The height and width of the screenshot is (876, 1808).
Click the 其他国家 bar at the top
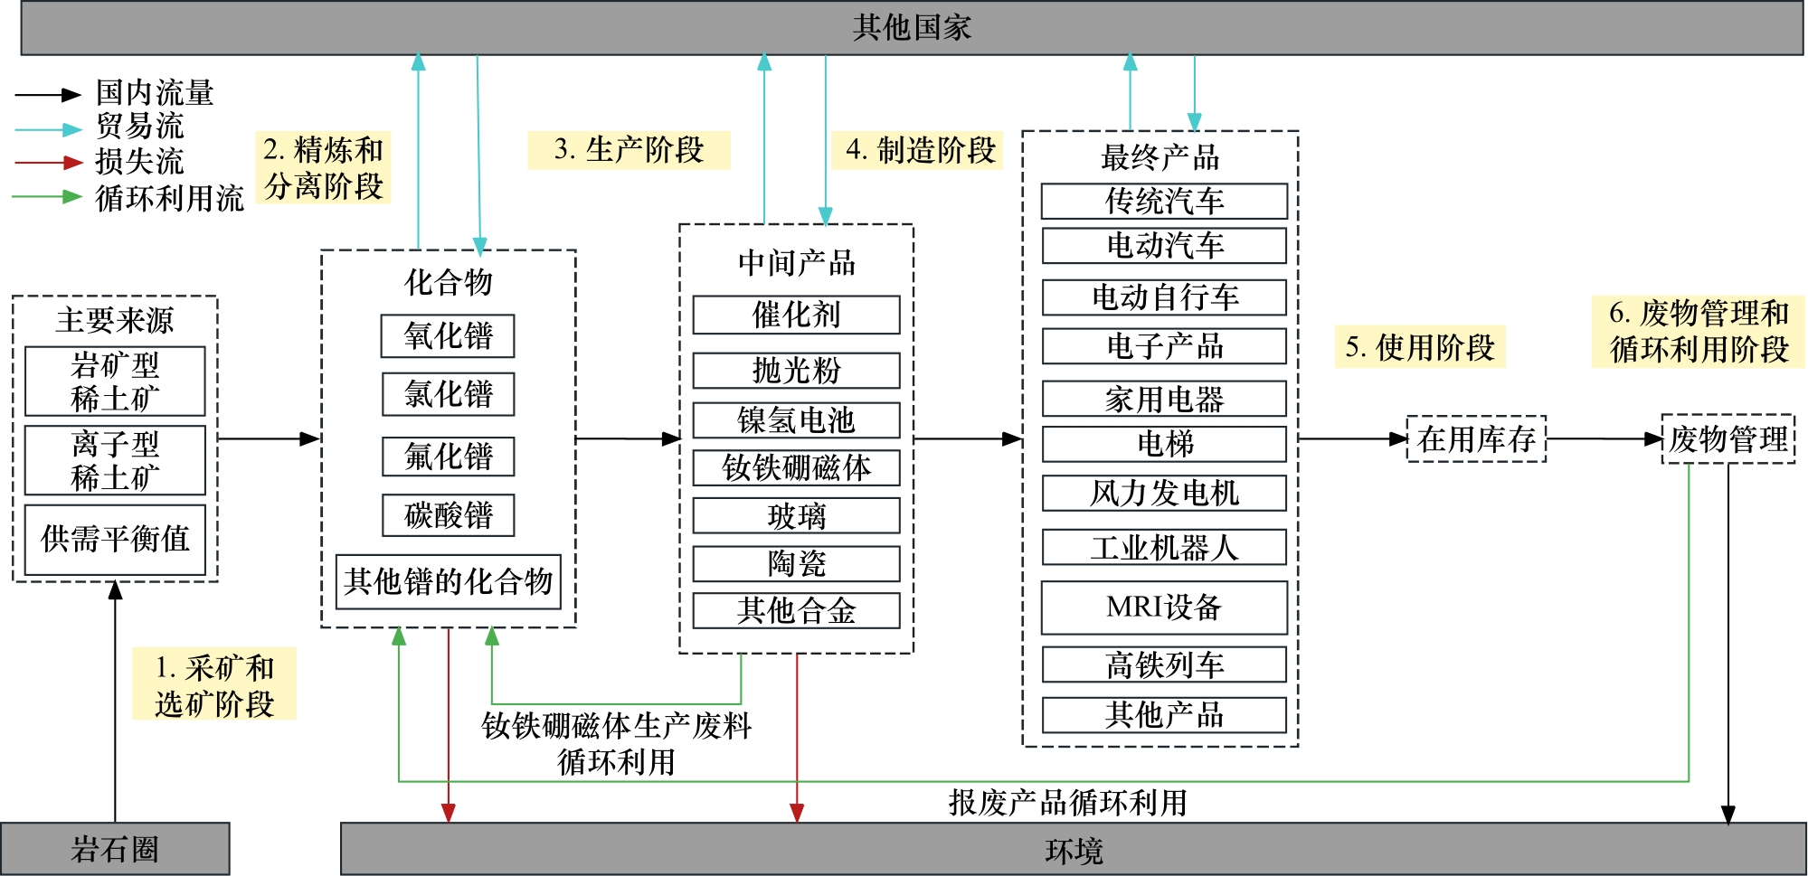coord(912,28)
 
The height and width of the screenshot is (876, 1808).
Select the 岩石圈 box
coord(115,849)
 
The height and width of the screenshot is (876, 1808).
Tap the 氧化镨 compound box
coord(448,336)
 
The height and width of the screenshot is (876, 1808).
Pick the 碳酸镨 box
coord(448,515)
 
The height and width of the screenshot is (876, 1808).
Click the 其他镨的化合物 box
coord(448,581)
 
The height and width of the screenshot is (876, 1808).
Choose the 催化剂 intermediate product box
coord(796,315)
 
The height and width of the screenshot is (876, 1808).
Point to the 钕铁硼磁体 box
coord(796,467)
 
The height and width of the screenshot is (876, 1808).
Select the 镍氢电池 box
coord(796,420)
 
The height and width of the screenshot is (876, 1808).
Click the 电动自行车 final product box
coord(1164,297)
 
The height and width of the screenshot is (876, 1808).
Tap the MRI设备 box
coord(1164,607)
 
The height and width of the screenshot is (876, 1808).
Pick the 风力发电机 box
coord(1164,493)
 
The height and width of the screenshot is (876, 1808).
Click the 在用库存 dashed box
coord(1476,439)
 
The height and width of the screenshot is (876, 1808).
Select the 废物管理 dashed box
coord(1728,439)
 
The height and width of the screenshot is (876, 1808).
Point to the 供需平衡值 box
coord(115,539)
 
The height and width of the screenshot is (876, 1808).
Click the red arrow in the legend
coord(49,163)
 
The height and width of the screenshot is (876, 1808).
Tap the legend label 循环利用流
coord(169,198)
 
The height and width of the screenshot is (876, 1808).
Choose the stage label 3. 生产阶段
coord(629,150)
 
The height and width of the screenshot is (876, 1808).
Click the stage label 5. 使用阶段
coord(1419,347)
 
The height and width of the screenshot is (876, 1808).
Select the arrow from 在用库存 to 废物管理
coord(1604,439)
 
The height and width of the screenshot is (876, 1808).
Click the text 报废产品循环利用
coord(1067,802)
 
